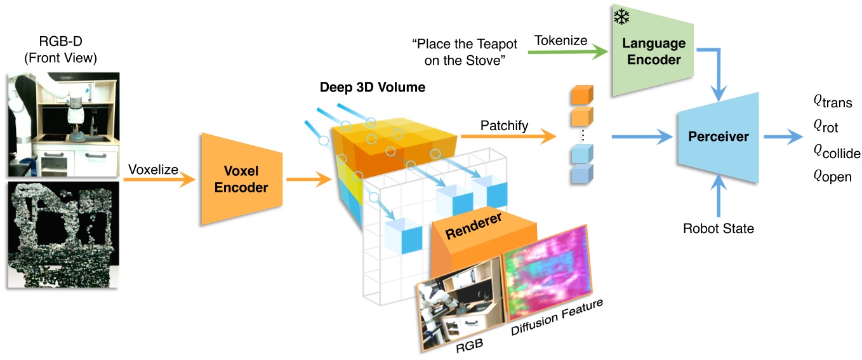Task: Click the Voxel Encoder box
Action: pos(241,179)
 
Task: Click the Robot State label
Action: pos(718,228)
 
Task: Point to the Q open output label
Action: pos(831,177)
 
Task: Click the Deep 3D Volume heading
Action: pos(372,87)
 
